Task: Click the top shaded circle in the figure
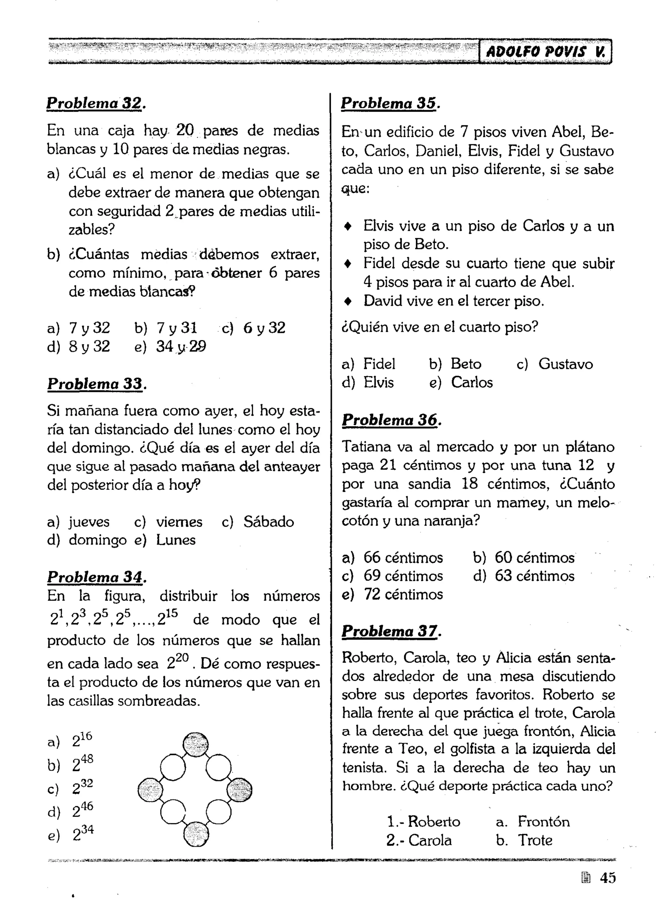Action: [196, 744]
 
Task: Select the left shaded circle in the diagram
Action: [150, 790]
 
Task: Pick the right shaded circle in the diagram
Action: [239, 789]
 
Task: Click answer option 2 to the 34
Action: [83, 834]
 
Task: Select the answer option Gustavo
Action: [565, 364]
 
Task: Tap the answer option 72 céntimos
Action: [403, 594]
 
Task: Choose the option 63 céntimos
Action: [534, 575]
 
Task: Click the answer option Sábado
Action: [268, 522]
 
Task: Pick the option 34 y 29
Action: [181, 346]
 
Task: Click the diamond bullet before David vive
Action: [348, 301]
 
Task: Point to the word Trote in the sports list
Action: [534, 840]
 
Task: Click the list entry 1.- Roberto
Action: [424, 821]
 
